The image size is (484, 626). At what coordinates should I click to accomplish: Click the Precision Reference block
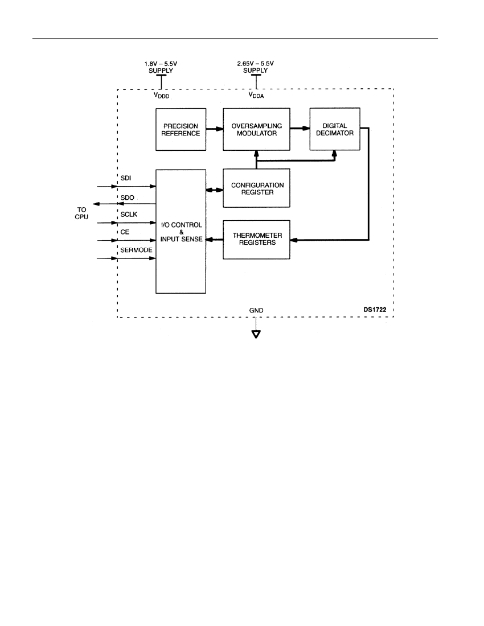181,129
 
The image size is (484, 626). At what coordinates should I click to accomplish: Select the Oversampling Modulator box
256,129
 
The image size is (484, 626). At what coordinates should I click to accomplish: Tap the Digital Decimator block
335,129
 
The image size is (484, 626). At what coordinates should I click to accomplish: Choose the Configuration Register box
256,188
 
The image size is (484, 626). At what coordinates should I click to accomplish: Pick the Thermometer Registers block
256,240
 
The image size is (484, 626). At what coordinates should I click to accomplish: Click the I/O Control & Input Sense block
181,232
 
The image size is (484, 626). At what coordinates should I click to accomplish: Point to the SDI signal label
126,178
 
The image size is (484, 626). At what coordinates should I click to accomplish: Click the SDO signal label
128,197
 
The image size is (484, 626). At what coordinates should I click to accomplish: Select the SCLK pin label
129,215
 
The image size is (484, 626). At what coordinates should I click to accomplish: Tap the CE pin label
125,232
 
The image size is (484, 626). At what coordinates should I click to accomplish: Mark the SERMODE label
136,250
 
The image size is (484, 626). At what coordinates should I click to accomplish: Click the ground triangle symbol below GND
256,334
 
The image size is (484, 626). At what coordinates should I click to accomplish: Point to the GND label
256,310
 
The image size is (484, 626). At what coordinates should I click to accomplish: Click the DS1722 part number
375,310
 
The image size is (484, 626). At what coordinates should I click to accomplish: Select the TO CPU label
81,213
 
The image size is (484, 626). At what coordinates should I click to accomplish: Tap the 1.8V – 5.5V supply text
161,67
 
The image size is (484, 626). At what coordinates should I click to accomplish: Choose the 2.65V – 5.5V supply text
256,67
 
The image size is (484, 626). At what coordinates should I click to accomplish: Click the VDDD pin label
162,96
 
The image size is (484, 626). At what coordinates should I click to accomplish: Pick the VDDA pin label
256,95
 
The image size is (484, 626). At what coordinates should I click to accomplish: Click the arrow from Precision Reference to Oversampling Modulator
215,129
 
